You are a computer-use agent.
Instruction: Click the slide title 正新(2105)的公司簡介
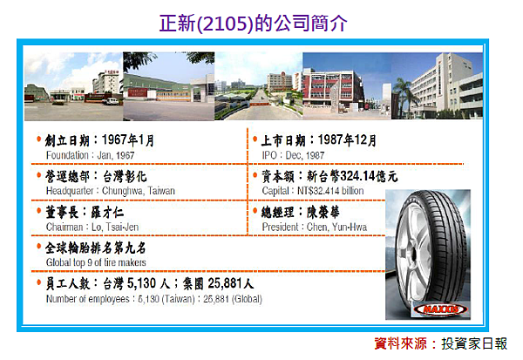pyautogui.click(x=253, y=24)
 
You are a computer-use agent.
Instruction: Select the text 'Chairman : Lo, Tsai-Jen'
pyautogui.click(x=90, y=225)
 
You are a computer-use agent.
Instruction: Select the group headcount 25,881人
pyautogui.click(x=225, y=283)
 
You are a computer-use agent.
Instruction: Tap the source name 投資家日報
pyautogui.click(x=474, y=343)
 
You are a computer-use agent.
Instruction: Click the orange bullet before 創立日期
pyautogui.click(x=38, y=139)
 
